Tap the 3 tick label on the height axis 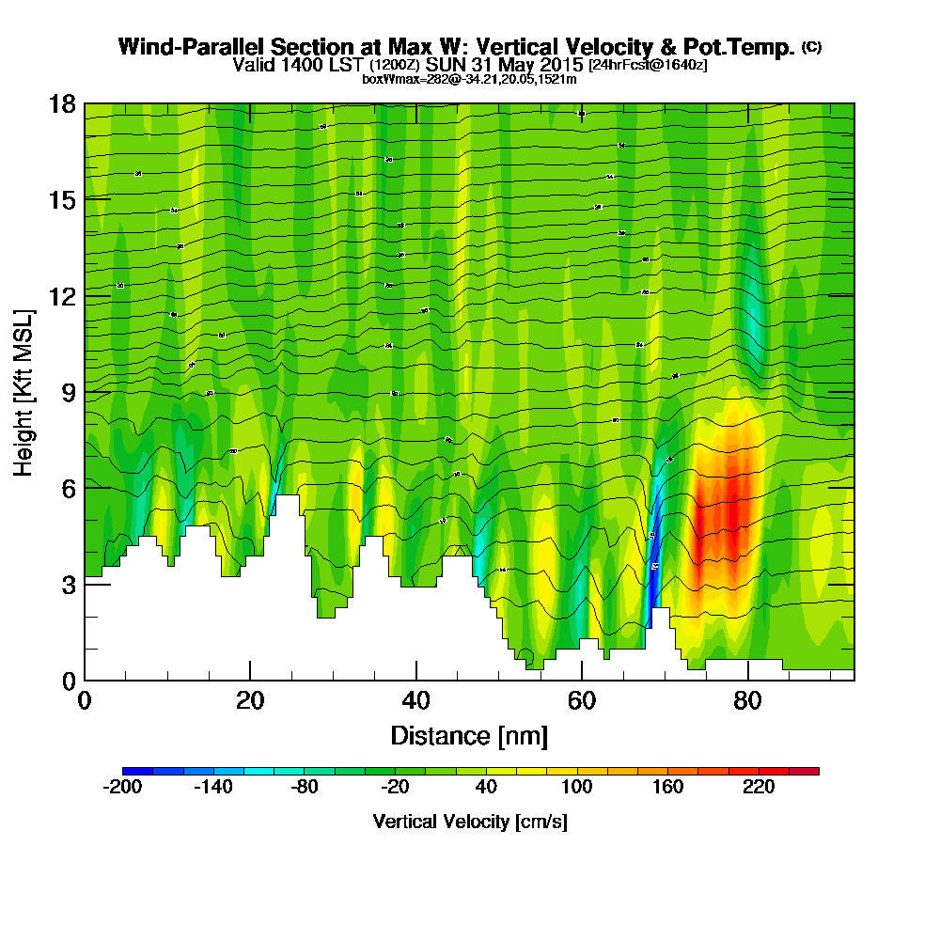[67, 584]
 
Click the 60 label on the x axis [582, 702]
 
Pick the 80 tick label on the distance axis [747, 702]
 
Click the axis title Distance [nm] [469, 735]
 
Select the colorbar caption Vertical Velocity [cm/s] [469, 822]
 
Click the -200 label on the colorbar [122, 788]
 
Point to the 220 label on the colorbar [759, 788]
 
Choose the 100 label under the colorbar [576, 788]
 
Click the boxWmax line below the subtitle [469, 79]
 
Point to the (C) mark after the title [811, 46]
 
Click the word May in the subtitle [513, 66]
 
